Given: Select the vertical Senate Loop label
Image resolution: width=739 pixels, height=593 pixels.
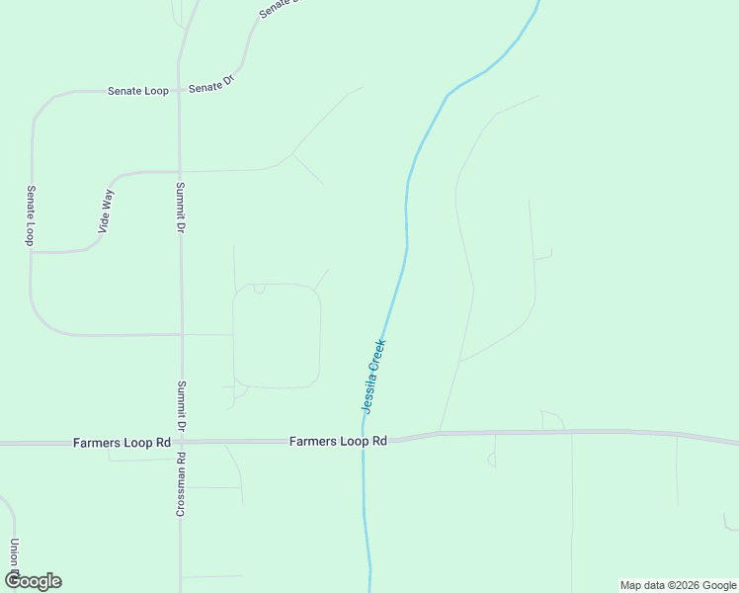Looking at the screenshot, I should (x=31, y=214).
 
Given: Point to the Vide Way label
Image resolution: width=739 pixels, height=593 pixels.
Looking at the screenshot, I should (x=107, y=211).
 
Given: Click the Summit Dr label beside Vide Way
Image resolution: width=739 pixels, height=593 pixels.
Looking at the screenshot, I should (x=181, y=207).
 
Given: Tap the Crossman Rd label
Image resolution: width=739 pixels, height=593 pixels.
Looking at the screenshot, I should (x=181, y=484).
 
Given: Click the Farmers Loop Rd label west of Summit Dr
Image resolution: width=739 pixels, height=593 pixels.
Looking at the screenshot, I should (x=122, y=443).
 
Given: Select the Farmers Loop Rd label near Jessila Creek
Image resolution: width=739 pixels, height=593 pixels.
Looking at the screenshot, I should (x=338, y=441).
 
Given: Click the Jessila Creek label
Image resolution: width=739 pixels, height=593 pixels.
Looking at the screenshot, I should (x=373, y=377).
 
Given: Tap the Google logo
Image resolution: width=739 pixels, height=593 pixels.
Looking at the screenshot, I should (x=33, y=581).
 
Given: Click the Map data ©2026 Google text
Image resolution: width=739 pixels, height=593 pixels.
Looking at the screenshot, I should (x=678, y=585).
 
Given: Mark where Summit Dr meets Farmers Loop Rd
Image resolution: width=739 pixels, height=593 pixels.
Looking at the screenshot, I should (x=180, y=443).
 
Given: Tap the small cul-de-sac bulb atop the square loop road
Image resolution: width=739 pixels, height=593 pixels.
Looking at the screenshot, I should (x=260, y=289).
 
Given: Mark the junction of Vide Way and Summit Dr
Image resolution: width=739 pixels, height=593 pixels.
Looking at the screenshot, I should (x=179, y=171).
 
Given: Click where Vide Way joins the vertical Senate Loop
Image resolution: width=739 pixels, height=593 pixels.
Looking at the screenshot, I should (x=31, y=252).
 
